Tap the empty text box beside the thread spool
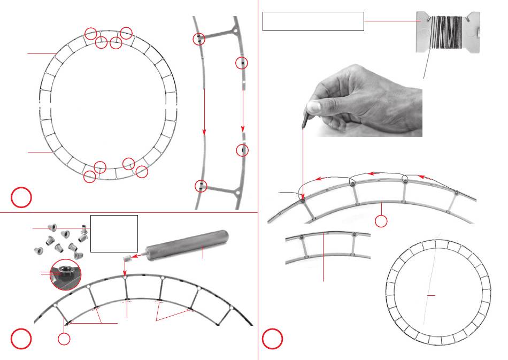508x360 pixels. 313,21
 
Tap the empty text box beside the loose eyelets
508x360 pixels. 114,233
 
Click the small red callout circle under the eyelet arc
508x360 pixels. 64,339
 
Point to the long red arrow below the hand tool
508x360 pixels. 303,166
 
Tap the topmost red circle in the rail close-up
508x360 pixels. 199,39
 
